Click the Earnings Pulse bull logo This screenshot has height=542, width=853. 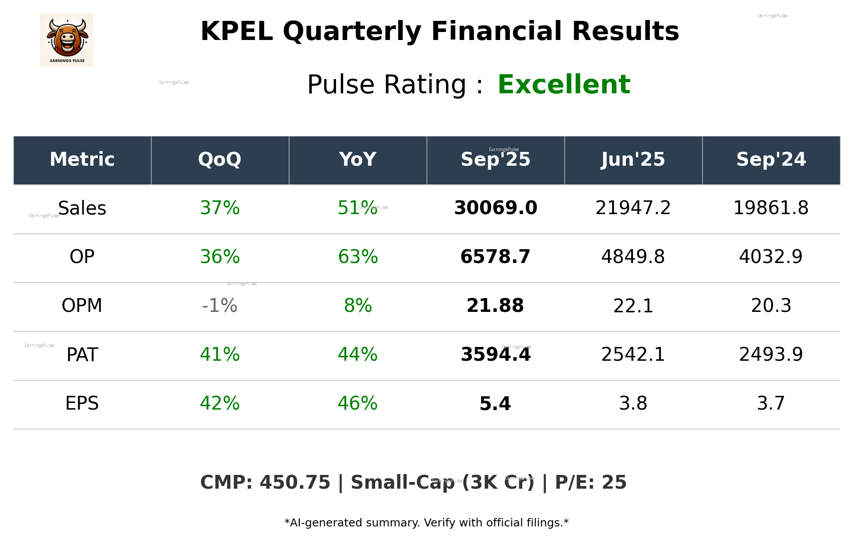[67, 40]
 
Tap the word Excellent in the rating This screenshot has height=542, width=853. [564, 84]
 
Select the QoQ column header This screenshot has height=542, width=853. [220, 159]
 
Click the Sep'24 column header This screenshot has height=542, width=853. [771, 159]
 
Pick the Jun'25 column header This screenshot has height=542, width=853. [633, 159]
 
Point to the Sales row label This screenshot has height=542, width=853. [82, 208]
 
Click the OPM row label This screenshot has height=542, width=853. [82, 306]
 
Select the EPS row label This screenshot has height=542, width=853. [82, 403]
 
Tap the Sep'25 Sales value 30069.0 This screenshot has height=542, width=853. [495, 208]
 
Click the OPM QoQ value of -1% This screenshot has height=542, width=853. [220, 306]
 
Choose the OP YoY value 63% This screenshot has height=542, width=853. [358, 257]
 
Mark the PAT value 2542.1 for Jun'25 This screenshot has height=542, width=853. [633, 355]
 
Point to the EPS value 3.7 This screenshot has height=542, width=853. [771, 403]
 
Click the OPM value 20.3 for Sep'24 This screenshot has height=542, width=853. [771, 306]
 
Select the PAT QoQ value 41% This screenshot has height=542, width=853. [220, 355]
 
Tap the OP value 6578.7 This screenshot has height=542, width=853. [495, 257]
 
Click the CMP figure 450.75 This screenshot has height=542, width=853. [295, 483]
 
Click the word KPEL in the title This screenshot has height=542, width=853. [236, 32]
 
